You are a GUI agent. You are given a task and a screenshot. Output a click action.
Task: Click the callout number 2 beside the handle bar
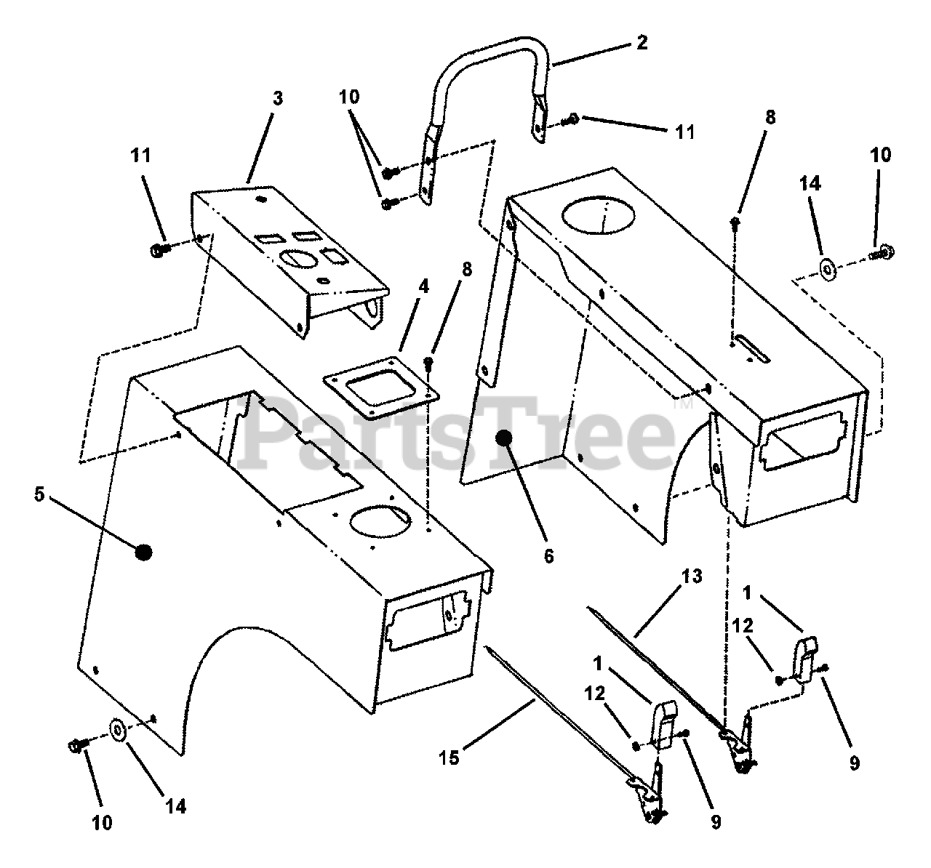coord(641,42)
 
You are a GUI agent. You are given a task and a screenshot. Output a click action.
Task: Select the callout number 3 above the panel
coord(278,98)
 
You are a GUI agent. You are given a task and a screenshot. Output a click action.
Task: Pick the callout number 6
coord(548,556)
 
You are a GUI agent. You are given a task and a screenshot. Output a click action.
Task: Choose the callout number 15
coord(449,758)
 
